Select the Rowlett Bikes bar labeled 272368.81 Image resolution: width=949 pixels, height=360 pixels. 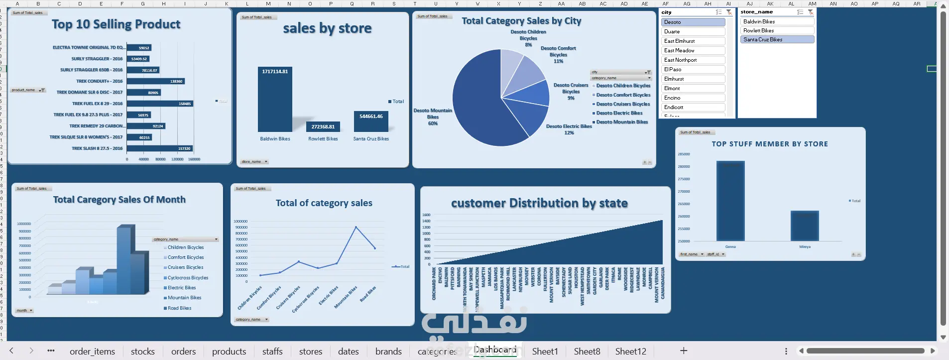coord(323,127)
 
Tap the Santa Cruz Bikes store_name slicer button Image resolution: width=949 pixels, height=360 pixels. coord(777,40)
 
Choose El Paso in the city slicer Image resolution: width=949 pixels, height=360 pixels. coord(693,70)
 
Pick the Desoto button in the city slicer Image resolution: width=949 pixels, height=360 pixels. coord(693,22)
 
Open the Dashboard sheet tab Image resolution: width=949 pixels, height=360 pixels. coord(494,350)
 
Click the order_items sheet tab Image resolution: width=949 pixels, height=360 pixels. coord(92,352)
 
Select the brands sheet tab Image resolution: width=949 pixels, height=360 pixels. coord(388,352)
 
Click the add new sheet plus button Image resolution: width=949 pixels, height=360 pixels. coord(684,351)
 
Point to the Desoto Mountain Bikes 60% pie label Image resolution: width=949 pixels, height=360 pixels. coord(433,117)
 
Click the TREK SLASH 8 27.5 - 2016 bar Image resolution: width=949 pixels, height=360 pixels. coord(159,148)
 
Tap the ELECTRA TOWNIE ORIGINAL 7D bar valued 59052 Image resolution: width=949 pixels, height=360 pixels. coord(139,48)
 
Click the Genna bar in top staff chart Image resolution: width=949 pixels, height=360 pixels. coord(730,201)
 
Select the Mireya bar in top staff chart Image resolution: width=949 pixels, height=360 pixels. coord(805,226)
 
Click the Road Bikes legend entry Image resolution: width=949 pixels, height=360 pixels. coord(179,308)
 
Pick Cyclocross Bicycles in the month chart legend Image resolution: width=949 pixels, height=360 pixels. coord(188,278)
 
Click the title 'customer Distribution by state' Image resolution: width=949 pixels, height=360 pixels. coord(539,203)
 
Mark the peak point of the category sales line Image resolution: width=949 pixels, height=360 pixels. coord(356,227)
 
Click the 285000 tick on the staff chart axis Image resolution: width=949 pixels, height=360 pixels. coord(684,154)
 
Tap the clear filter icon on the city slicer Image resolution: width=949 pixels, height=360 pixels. coord(729,12)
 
